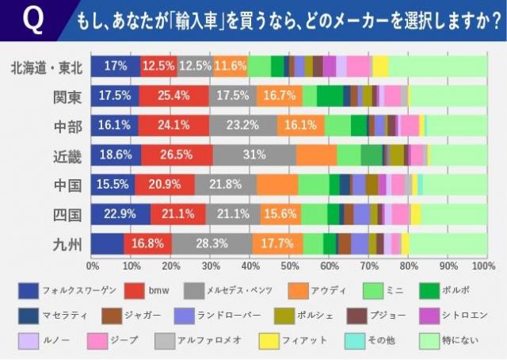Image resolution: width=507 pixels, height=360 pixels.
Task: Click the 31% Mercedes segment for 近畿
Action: point(254,155)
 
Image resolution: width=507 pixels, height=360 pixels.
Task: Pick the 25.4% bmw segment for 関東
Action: point(174,96)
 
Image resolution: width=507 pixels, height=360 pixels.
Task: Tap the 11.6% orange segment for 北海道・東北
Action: point(230,67)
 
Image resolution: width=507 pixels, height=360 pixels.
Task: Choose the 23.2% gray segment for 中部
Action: point(242,125)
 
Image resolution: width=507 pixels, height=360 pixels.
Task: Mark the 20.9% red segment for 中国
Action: point(165,185)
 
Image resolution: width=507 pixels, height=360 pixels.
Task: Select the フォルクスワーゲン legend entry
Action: point(63,290)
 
